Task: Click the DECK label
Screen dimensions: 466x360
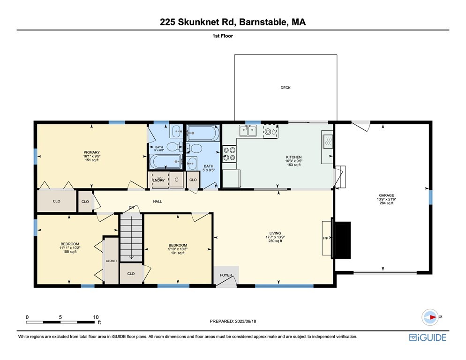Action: (x=286, y=88)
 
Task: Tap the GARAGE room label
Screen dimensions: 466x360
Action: (x=386, y=195)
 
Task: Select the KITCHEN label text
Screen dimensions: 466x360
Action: (x=293, y=157)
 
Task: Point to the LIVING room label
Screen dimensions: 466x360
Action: (x=275, y=233)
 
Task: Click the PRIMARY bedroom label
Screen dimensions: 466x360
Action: (x=91, y=152)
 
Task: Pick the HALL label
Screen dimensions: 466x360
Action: (x=158, y=201)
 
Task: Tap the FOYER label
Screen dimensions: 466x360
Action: (x=226, y=275)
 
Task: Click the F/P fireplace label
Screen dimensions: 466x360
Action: (x=325, y=238)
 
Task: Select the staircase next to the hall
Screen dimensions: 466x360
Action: (x=131, y=238)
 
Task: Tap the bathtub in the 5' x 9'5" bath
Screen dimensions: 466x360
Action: (x=203, y=133)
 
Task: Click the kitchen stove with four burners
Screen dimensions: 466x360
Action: (x=229, y=154)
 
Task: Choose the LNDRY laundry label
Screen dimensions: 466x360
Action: (x=159, y=180)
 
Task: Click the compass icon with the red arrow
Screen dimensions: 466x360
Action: (x=430, y=317)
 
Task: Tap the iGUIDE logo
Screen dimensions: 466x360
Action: (x=428, y=337)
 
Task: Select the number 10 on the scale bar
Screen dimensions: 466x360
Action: (x=96, y=317)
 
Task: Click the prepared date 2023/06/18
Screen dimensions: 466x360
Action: (x=246, y=321)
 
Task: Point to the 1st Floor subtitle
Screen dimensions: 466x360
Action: (x=223, y=36)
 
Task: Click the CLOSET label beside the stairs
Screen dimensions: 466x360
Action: (x=112, y=261)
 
